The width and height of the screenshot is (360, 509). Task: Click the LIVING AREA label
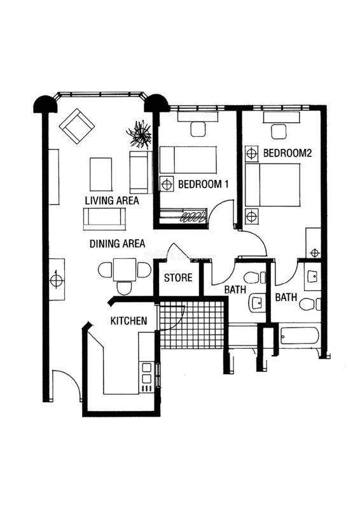112,200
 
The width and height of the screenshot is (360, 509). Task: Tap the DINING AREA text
117,244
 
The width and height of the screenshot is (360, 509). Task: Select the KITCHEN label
129,321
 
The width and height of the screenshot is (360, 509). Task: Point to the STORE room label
178,278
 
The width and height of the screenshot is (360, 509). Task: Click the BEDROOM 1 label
204,185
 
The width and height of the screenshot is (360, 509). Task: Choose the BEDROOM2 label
287,153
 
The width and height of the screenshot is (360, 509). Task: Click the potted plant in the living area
139,134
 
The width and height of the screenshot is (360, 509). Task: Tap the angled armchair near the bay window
77,126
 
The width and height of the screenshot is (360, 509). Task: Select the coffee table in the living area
101,174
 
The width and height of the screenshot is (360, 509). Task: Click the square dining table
125,270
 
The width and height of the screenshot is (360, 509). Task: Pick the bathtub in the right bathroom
300,336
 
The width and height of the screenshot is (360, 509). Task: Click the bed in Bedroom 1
188,160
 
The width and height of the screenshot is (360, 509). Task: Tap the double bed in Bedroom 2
272,185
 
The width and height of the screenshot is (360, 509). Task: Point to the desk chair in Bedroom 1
198,129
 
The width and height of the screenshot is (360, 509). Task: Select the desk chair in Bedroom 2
279,132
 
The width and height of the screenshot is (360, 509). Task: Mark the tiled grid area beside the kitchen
192,324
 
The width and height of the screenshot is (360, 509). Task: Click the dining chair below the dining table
124,288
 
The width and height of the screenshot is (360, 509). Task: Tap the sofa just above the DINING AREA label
104,219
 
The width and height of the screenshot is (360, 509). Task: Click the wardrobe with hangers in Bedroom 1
183,216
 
